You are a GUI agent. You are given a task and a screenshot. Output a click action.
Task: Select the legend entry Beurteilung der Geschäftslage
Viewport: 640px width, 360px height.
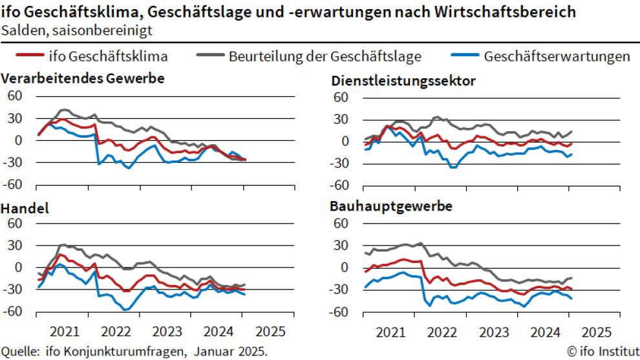click(325, 56)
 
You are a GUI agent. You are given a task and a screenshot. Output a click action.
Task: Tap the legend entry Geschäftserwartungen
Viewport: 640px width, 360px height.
click(557, 56)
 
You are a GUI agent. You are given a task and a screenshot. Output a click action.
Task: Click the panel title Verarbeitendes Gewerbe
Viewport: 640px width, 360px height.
click(83, 79)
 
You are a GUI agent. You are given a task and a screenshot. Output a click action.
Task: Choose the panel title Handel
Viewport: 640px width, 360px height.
click(26, 209)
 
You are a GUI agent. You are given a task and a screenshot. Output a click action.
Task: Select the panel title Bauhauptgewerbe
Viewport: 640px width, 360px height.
click(390, 207)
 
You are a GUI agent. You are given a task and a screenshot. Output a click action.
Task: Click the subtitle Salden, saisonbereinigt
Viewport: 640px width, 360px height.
click(77, 30)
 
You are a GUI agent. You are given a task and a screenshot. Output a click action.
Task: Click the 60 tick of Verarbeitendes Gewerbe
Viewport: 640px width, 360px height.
click(14, 96)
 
